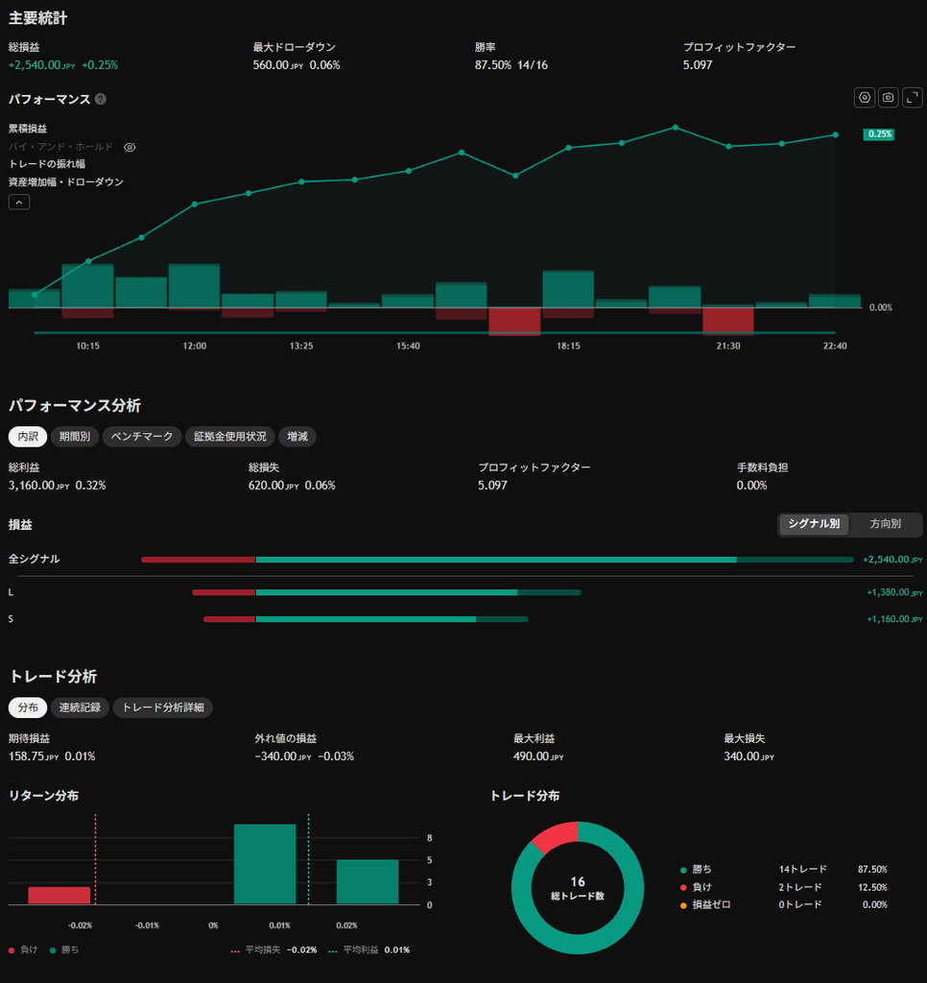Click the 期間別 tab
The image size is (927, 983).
pyautogui.click(x=75, y=437)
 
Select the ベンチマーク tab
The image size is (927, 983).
pyautogui.click(x=142, y=437)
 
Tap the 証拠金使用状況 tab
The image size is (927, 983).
pyautogui.click(x=230, y=437)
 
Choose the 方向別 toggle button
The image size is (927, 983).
pyautogui.click(x=885, y=524)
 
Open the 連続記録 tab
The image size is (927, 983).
pyautogui.click(x=80, y=707)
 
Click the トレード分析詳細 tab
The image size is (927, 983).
pyautogui.click(x=163, y=707)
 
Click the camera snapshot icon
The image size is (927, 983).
pyautogui.click(x=889, y=97)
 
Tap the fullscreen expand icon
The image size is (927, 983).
pyautogui.click(x=912, y=97)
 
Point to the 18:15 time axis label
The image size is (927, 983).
pyautogui.click(x=568, y=346)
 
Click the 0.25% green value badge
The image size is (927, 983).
pyautogui.click(x=879, y=134)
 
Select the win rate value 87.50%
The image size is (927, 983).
pyautogui.click(x=492, y=65)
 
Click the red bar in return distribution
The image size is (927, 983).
pyautogui.click(x=59, y=896)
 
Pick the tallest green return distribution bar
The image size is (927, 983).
pyautogui.click(x=265, y=864)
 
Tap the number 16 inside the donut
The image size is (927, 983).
pyautogui.click(x=578, y=881)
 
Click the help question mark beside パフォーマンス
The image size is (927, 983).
pyautogui.click(x=101, y=99)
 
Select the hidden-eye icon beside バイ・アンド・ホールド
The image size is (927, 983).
pyautogui.click(x=130, y=147)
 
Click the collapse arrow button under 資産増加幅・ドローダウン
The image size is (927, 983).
pyautogui.click(x=19, y=202)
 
